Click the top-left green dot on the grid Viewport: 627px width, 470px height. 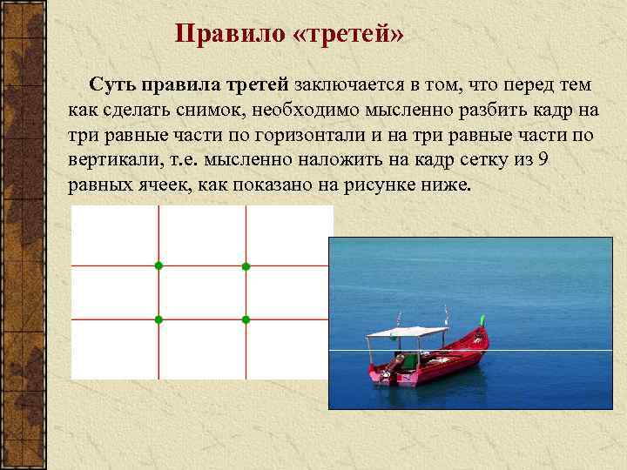click(x=158, y=265)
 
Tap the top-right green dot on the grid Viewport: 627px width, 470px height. click(x=246, y=265)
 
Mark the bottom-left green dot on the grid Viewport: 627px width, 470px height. click(x=158, y=320)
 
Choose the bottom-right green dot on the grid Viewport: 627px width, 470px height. click(x=246, y=320)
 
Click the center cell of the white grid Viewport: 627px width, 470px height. click(x=201, y=292)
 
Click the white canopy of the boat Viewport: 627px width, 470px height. click(x=406, y=331)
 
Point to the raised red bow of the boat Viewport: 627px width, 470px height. click(x=480, y=337)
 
